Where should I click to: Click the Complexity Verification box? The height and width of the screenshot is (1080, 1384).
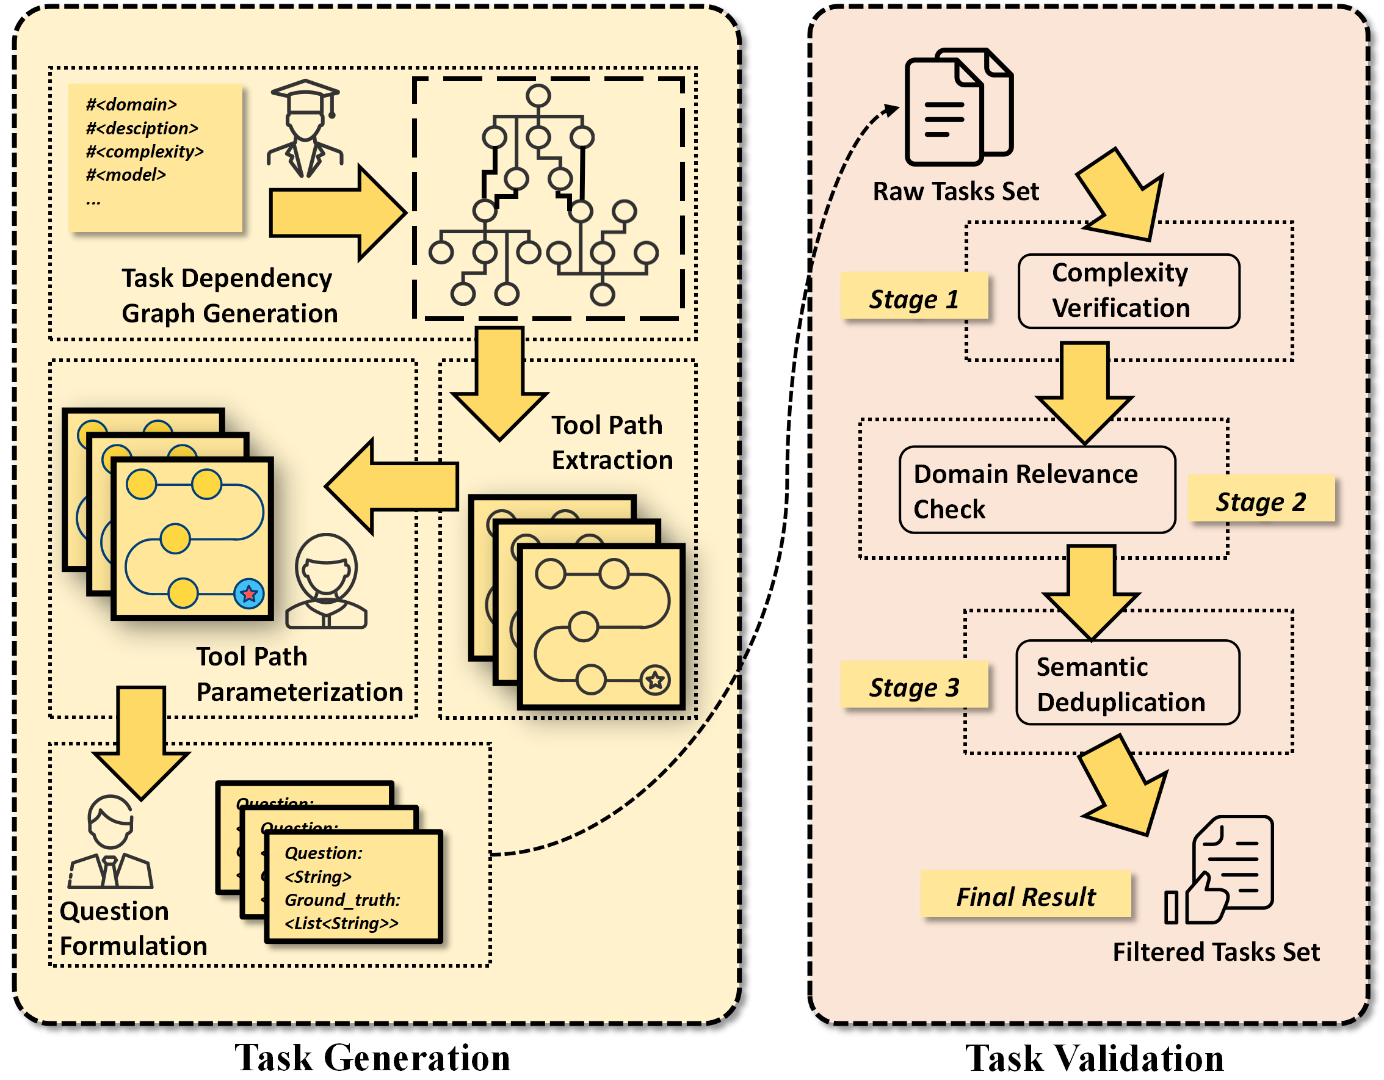click(1128, 292)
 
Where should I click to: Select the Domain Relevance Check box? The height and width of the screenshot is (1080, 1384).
click(1037, 490)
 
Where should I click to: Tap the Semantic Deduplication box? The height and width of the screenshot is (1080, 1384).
click(1128, 683)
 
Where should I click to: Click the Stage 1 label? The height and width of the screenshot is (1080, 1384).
click(914, 297)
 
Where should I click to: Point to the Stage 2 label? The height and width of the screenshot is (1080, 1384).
click(1261, 500)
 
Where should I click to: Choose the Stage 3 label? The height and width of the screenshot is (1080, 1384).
click(914, 686)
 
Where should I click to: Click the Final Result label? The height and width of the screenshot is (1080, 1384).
click(1025, 896)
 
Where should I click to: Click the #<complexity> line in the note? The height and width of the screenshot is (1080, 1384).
click(145, 151)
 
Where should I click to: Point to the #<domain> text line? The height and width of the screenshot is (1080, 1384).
click(132, 104)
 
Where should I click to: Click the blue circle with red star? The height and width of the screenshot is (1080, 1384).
click(248, 594)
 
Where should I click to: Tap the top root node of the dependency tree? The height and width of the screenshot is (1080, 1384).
click(538, 96)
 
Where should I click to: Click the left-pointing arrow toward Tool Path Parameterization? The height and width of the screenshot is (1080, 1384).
click(393, 486)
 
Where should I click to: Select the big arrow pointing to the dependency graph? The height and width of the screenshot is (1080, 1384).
click(336, 213)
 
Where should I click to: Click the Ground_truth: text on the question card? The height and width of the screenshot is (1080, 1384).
click(342, 899)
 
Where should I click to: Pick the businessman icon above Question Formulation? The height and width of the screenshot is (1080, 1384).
click(111, 843)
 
